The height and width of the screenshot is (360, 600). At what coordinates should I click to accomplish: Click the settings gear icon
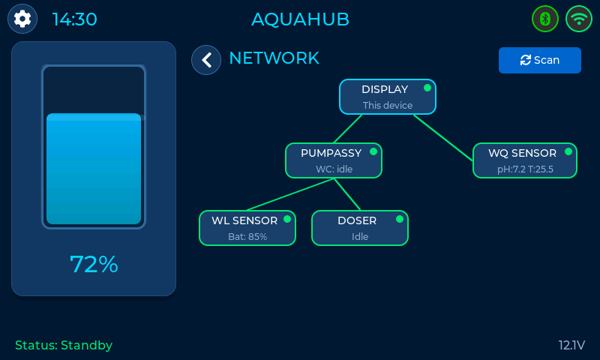tap(22, 19)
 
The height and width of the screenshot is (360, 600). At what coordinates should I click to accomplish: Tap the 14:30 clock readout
tap(74, 19)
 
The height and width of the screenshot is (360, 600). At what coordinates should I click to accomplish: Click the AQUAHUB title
tap(300, 19)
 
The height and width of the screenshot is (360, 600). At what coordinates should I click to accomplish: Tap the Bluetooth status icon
tap(545, 19)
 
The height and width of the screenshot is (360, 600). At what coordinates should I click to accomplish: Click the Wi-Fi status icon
tap(579, 19)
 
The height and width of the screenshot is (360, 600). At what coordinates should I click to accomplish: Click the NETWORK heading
tap(274, 58)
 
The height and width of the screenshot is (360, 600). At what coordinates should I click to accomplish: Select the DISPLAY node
tap(387, 97)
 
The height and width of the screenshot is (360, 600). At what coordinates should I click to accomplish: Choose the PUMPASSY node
tap(334, 160)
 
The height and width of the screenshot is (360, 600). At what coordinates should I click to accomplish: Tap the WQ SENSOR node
tap(524, 160)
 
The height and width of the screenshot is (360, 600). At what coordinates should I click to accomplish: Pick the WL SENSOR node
tap(247, 228)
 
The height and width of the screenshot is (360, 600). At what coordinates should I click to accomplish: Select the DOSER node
tap(359, 228)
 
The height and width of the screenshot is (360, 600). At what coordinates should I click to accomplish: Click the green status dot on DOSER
tap(400, 219)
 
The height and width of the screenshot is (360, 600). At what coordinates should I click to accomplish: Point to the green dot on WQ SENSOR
tap(568, 151)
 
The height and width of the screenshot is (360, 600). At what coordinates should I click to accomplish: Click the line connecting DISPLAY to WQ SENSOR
tap(442, 137)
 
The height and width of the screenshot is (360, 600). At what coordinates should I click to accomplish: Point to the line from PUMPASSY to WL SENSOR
tap(289, 195)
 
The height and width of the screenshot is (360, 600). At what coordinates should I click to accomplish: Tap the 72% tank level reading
tap(94, 264)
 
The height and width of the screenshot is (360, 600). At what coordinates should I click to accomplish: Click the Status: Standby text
tap(64, 346)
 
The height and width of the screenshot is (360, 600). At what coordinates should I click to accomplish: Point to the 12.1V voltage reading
tap(571, 346)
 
